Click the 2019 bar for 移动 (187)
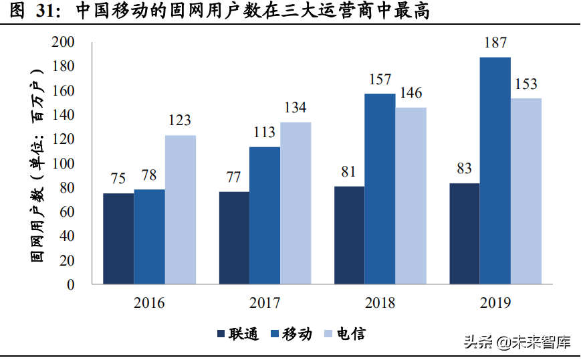495,171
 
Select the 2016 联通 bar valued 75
118,239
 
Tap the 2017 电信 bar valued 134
296,203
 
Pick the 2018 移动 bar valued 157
379,189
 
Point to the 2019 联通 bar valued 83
464,234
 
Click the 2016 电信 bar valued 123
180,209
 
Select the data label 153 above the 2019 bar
526,85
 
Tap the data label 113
264,132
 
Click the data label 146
410,94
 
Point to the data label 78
149,177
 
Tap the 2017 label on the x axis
264,303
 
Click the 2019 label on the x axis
495,303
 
